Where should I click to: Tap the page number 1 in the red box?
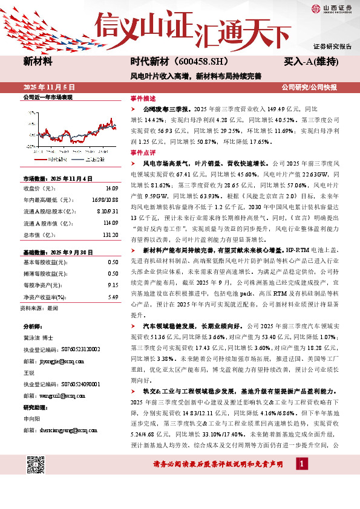(x=301, y=481)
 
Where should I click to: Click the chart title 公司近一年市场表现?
(x=47, y=97)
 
